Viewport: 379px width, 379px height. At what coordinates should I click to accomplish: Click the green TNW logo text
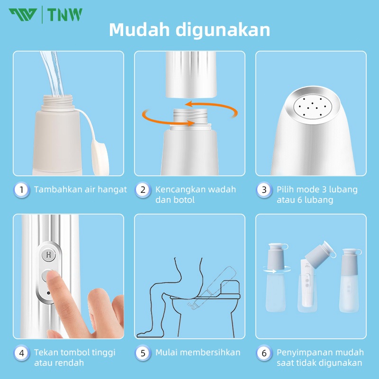coord(64,15)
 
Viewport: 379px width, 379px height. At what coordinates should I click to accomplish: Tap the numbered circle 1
coord(21,190)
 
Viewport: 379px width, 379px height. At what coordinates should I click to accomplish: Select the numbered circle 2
coord(143,190)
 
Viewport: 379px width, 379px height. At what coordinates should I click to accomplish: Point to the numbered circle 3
coord(264,190)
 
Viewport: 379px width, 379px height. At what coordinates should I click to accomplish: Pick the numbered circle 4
coord(21,353)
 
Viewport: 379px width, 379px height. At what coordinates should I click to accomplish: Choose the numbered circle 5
coord(143,353)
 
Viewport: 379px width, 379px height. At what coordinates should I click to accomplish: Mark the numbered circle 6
coord(264,353)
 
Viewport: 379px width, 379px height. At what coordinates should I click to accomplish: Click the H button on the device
coord(49,254)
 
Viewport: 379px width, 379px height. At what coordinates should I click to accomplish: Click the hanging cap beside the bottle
coord(100,158)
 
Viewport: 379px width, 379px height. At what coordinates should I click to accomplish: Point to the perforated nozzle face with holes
coord(313,107)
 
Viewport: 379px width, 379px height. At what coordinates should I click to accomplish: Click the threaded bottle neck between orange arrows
coord(190,117)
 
